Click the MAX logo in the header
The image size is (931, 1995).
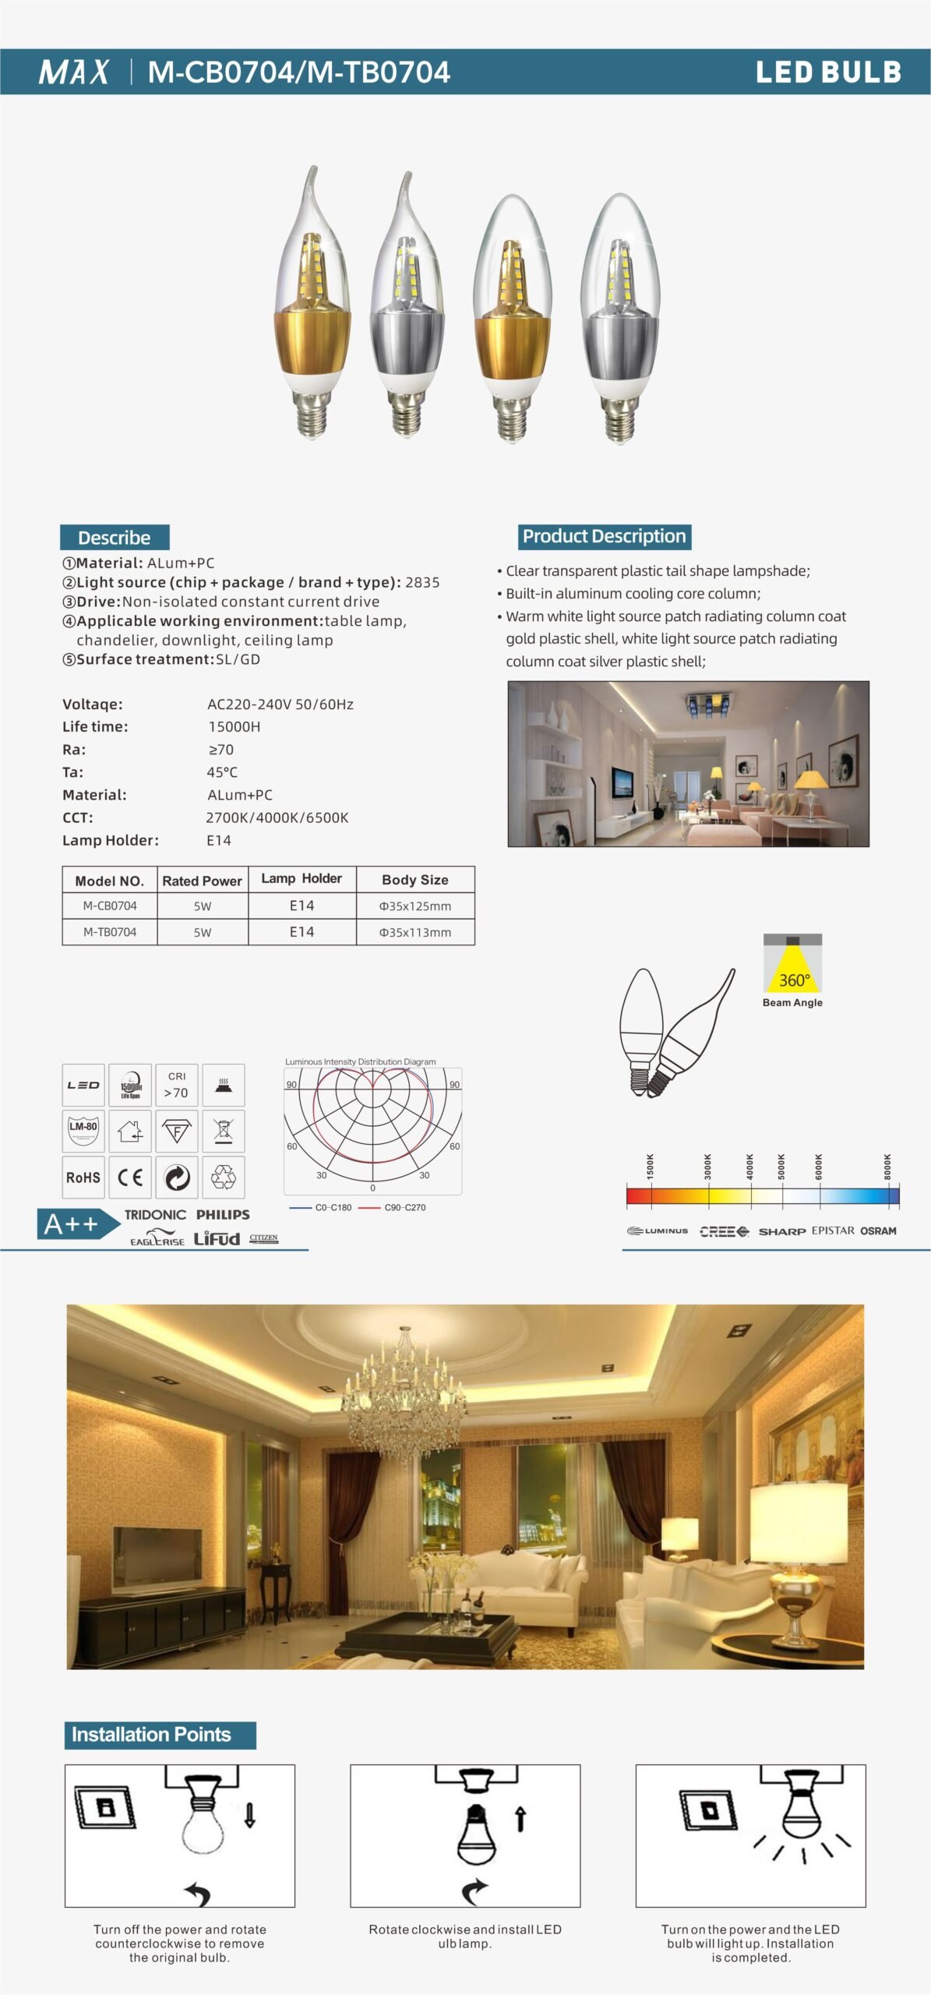[x=74, y=72]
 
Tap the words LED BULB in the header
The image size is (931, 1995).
[x=828, y=72]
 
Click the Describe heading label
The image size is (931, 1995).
[x=115, y=538]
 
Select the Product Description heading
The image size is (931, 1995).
[x=604, y=536]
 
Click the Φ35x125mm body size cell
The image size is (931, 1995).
[x=414, y=906]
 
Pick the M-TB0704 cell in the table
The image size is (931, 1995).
[x=110, y=932]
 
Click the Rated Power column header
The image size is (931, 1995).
[x=202, y=881]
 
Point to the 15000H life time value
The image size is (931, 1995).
[x=234, y=726]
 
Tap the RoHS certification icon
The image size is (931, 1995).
[x=83, y=1178]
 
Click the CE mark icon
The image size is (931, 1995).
[x=130, y=1178]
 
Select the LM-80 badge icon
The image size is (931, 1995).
[x=83, y=1130]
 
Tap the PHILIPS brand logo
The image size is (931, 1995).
[x=223, y=1215]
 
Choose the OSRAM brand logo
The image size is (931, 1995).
[x=878, y=1231]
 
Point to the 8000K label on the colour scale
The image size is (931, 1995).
[x=887, y=1166]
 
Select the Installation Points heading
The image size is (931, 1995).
[x=152, y=1735]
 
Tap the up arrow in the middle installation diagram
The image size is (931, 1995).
[x=521, y=1819]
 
